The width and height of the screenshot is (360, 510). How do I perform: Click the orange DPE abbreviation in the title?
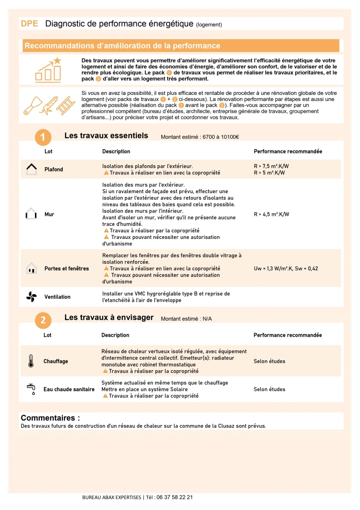[29, 24]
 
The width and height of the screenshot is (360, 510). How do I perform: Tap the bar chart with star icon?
[48, 69]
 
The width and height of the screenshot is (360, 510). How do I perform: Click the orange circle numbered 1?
[43, 137]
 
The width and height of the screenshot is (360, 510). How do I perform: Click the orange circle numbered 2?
[43, 321]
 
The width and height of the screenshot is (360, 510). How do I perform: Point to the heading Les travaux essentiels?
[106, 136]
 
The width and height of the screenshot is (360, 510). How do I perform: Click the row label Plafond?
[54, 170]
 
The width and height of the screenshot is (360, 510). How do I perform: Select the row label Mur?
[49, 214]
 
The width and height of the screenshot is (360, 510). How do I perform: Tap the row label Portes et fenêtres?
[67, 269]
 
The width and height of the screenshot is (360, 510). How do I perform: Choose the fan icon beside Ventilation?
[31, 297]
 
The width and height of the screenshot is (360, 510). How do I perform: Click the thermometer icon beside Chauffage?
[31, 361]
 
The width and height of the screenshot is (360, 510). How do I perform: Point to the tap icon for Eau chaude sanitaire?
[31, 389]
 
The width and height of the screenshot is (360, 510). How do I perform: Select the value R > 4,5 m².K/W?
[271, 214]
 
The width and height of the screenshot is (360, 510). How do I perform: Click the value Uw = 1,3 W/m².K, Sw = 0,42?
[286, 269]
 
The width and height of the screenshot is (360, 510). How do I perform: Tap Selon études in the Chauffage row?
[269, 361]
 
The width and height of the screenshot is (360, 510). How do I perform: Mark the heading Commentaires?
[50, 418]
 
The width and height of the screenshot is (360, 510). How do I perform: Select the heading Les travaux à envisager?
[109, 318]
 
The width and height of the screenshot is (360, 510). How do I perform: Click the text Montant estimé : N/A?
[186, 319]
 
